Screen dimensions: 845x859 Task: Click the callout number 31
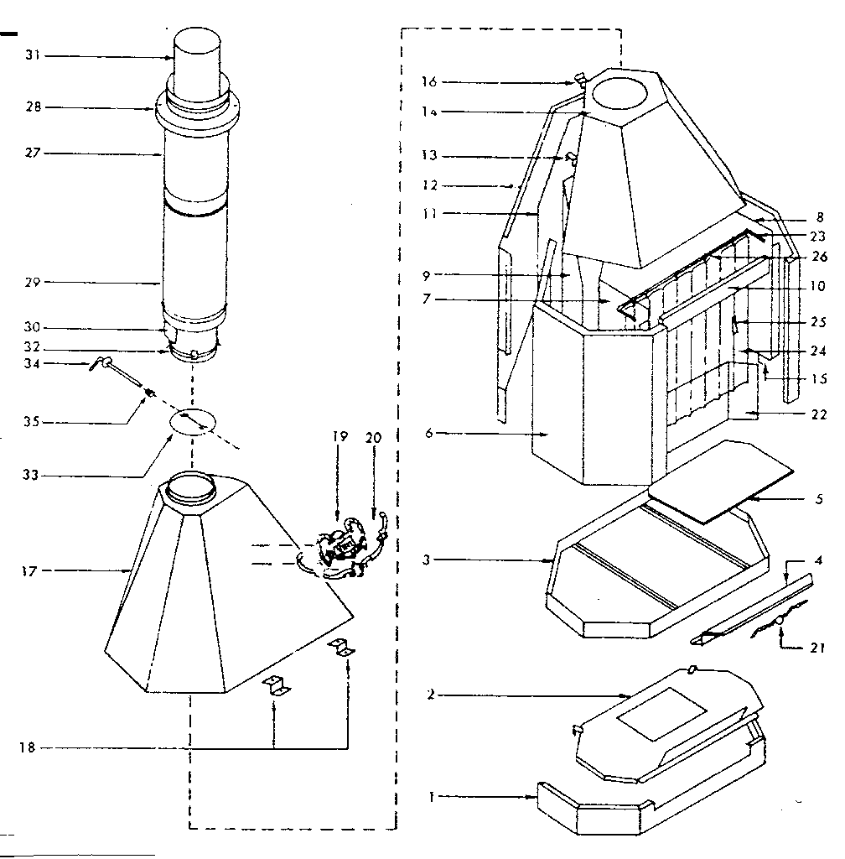tap(33, 55)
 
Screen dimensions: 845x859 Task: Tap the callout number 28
tap(34, 107)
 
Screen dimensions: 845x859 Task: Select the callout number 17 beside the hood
tap(29, 570)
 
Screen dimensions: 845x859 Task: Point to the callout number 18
tap(28, 747)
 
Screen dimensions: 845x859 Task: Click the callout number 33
tap(31, 475)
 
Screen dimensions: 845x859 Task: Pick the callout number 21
tap(817, 648)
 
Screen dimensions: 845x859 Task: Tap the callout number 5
tap(819, 499)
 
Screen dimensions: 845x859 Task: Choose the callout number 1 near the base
tap(431, 797)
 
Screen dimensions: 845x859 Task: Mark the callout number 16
tap(429, 81)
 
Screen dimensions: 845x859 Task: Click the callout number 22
tap(819, 414)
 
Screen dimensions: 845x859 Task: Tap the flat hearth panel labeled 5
tap(720, 481)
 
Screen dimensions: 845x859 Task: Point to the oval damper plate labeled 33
tap(193, 421)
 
